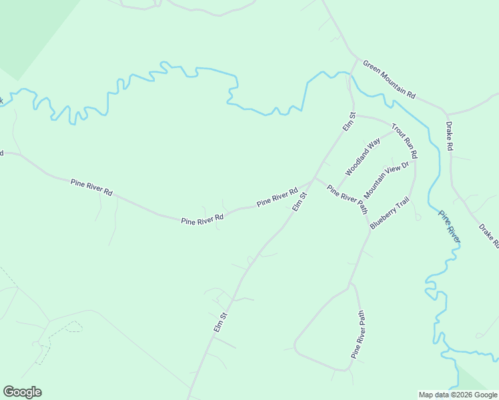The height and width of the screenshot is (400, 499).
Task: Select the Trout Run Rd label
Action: (x=404, y=141)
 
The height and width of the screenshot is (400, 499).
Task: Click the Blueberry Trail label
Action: (x=389, y=214)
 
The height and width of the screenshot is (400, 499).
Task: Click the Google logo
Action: (x=22, y=392)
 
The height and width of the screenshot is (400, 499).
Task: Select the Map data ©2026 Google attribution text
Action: (x=458, y=395)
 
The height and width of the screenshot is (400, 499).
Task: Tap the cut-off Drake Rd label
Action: (x=489, y=236)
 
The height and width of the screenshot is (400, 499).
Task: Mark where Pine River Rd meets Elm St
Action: (x=314, y=179)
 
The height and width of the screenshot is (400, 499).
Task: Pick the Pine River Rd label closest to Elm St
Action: (x=277, y=197)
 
